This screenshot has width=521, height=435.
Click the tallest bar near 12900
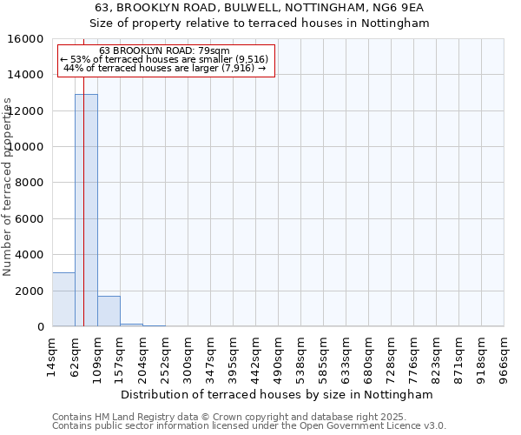click(x=86, y=210)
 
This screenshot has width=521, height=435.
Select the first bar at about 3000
click(x=63, y=299)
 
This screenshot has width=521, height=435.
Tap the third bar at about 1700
click(x=109, y=311)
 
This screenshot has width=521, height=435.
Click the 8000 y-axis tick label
click(x=30, y=183)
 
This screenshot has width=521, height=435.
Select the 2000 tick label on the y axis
click(x=30, y=291)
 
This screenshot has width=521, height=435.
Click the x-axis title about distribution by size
click(x=276, y=394)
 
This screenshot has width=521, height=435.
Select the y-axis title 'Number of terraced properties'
click(x=8, y=186)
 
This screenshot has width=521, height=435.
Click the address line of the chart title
click(x=260, y=8)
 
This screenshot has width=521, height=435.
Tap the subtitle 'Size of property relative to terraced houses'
click(x=260, y=23)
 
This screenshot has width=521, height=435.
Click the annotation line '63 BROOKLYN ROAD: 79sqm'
click(x=165, y=50)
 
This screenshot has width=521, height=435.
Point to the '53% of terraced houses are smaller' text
click(x=165, y=59)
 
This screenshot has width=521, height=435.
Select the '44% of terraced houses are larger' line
click(x=165, y=68)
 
